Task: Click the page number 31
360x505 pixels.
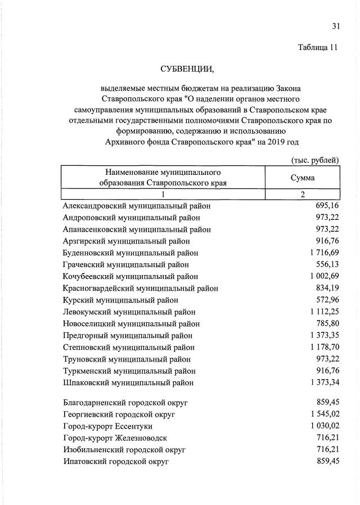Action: (x=336, y=26)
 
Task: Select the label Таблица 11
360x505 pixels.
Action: (x=318, y=48)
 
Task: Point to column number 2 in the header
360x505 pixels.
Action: (x=302, y=195)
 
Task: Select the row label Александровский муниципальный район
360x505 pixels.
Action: (x=137, y=206)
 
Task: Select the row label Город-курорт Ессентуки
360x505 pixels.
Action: (x=107, y=426)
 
